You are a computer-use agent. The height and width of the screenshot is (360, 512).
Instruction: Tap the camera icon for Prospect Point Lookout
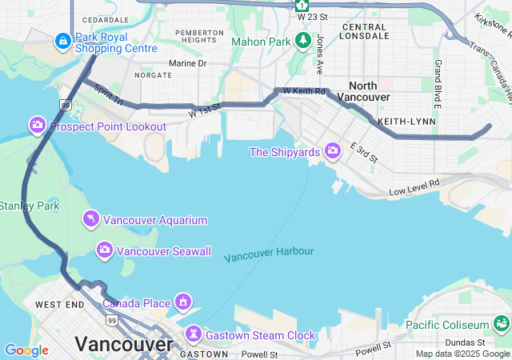click(x=37, y=126)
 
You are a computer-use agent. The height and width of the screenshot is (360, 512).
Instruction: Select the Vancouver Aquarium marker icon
click(x=91, y=219)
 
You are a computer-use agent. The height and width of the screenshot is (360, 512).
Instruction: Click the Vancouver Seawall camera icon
click(x=104, y=250)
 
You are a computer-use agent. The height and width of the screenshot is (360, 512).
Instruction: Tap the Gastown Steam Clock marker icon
click(x=194, y=334)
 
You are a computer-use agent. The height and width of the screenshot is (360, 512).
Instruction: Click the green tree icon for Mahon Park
click(x=302, y=40)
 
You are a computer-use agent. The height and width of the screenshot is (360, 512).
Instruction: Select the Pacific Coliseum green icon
click(x=502, y=324)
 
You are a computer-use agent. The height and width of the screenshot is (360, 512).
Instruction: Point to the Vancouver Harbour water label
click(x=269, y=254)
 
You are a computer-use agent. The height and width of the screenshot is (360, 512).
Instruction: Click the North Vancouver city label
click(x=369, y=91)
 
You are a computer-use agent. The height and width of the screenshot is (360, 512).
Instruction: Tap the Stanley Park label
click(x=29, y=206)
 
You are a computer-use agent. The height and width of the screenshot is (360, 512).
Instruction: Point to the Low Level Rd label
click(x=414, y=188)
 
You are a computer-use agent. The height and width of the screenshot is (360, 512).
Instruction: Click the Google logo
click(x=26, y=350)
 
